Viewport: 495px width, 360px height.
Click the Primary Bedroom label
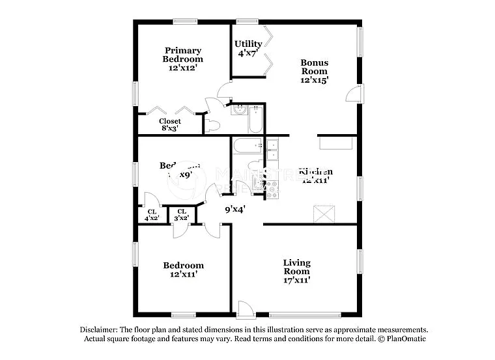click(x=182, y=59)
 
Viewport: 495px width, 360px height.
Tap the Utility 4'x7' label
click(x=248, y=49)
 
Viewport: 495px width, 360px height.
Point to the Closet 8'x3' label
click(x=170, y=124)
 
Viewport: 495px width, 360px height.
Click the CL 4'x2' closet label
click(x=152, y=215)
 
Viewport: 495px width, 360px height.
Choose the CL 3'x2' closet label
click(x=182, y=215)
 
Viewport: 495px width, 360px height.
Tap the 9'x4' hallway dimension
click(x=235, y=210)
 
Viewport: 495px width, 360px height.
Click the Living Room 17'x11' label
click(x=296, y=271)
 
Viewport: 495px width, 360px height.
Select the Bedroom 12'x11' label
click(x=183, y=270)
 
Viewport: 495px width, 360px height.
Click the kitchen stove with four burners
click(x=271, y=189)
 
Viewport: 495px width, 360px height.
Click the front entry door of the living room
click(x=244, y=309)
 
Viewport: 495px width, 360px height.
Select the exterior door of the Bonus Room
click(x=352, y=94)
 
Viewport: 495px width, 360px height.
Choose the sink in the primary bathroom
click(x=238, y=110)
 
